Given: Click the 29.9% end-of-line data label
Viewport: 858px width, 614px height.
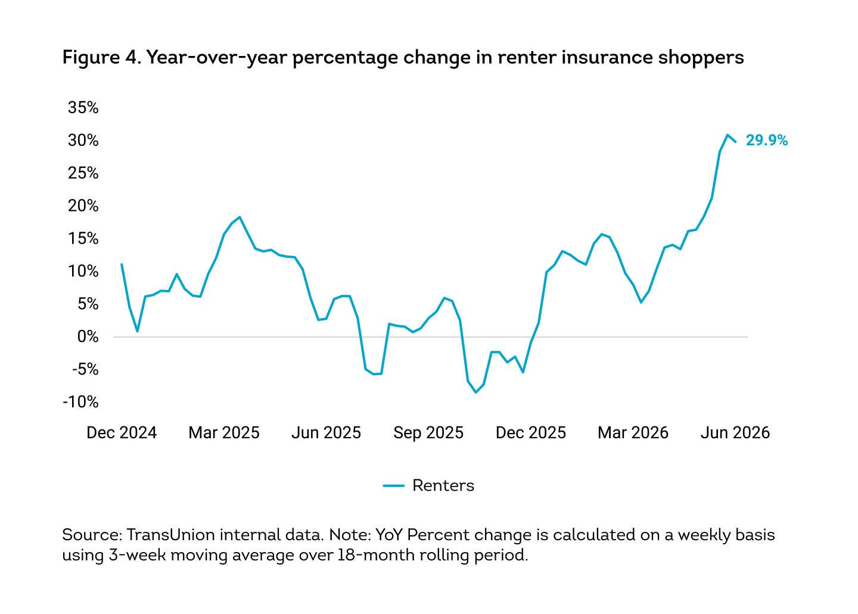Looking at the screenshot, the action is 766,141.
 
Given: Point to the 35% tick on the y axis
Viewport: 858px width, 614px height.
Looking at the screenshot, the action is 83,108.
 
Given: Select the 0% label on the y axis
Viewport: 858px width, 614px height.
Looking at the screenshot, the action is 88,337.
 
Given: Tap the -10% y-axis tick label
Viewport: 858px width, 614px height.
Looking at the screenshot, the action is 80,402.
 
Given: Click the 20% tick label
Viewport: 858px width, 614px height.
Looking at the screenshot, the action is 83,206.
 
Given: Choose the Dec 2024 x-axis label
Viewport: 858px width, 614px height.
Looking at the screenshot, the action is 122,433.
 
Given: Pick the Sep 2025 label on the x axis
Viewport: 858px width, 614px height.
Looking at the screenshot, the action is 428,433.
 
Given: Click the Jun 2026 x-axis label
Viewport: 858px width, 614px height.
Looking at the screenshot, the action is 735,433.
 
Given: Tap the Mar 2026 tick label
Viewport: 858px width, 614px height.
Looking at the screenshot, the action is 633,433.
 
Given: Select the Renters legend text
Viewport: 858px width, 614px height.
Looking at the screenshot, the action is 443,486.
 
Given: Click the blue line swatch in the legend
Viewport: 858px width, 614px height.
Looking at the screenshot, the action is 394,486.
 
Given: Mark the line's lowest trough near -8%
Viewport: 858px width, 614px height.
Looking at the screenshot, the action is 475,392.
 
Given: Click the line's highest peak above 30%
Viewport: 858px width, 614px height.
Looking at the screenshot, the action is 727,135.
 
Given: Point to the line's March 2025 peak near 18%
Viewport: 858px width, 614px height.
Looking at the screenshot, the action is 240,217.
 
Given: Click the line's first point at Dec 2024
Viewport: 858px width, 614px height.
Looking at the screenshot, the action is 122,264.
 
